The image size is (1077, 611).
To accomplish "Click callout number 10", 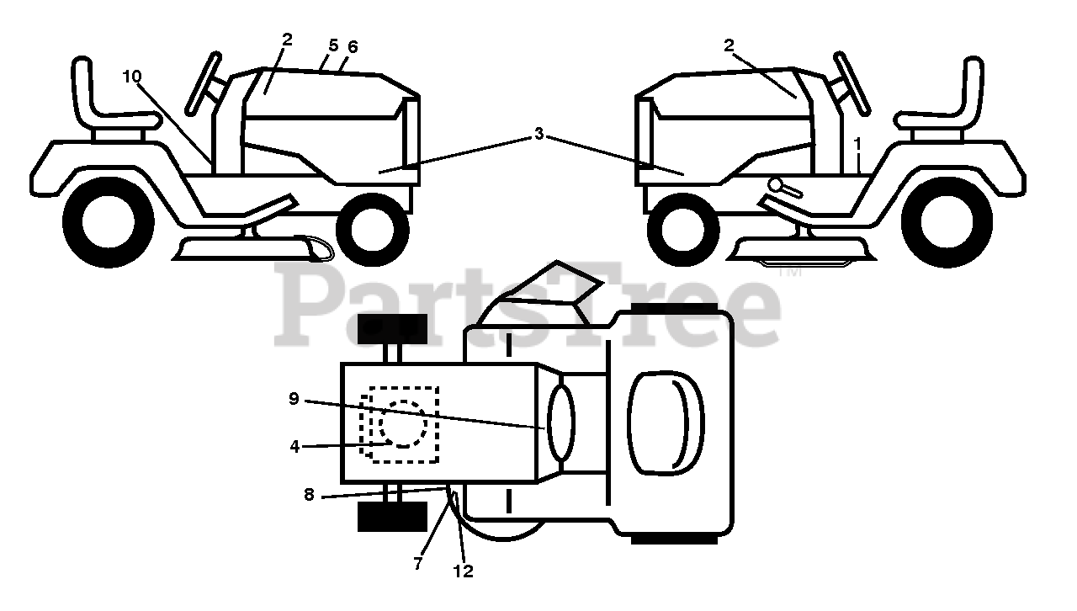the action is [131, 77].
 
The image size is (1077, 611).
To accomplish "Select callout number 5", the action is [333, 45].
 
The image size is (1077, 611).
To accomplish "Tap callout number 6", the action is [353, 47].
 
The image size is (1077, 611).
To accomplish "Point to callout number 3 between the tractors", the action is [538, 134].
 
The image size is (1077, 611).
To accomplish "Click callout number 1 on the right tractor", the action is [857, 144].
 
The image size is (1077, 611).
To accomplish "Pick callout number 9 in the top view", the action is [294, 399].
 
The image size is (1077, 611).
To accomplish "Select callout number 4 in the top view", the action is [294, 447].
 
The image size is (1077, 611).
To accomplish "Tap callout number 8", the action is [309, 495].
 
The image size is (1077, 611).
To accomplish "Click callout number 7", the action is [418, 565].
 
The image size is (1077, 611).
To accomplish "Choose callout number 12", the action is [463, 571].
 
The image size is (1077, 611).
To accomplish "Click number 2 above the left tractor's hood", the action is [287, 39].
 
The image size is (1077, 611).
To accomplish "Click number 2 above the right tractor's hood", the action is [729, 45].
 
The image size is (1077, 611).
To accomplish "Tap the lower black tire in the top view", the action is [391, 517].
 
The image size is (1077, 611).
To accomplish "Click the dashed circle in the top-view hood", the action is [405, 423].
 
